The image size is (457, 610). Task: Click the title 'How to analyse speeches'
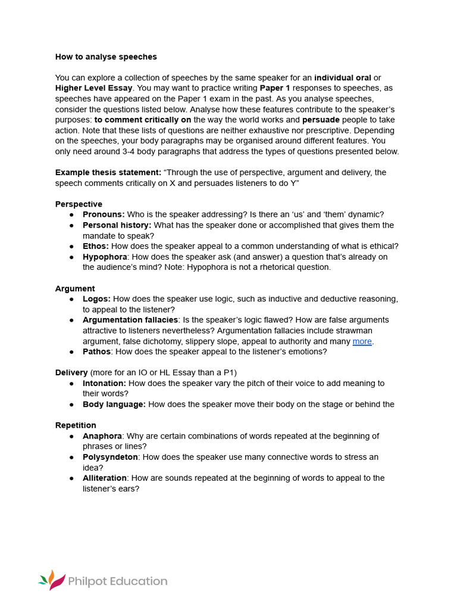tap(106, 57)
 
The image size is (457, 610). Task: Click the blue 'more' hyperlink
tap(362, 341)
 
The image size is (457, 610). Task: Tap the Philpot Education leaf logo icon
tap(51, 580)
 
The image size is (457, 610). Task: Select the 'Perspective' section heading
tap(79, 204)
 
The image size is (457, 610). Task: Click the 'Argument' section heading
tap(75, 288)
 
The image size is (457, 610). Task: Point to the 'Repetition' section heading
tap(76, 425)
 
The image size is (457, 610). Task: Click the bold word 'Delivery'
tap(71, 373)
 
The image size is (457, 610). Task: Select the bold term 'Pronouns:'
tap(104, 214)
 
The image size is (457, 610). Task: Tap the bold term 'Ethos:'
tap(96, 246)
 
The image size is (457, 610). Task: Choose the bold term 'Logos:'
tap(96, 299)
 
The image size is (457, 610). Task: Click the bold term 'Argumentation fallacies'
tap(130, 320)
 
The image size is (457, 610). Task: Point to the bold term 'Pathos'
tap(96, 351)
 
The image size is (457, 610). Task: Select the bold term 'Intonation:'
tap(104, 384)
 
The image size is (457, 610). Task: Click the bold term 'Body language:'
tap(114, 404)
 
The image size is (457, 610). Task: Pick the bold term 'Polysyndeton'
tap(110, 457)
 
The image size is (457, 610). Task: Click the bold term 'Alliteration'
tap(104, 478)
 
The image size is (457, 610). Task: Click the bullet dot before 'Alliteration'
tap(71, 478)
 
